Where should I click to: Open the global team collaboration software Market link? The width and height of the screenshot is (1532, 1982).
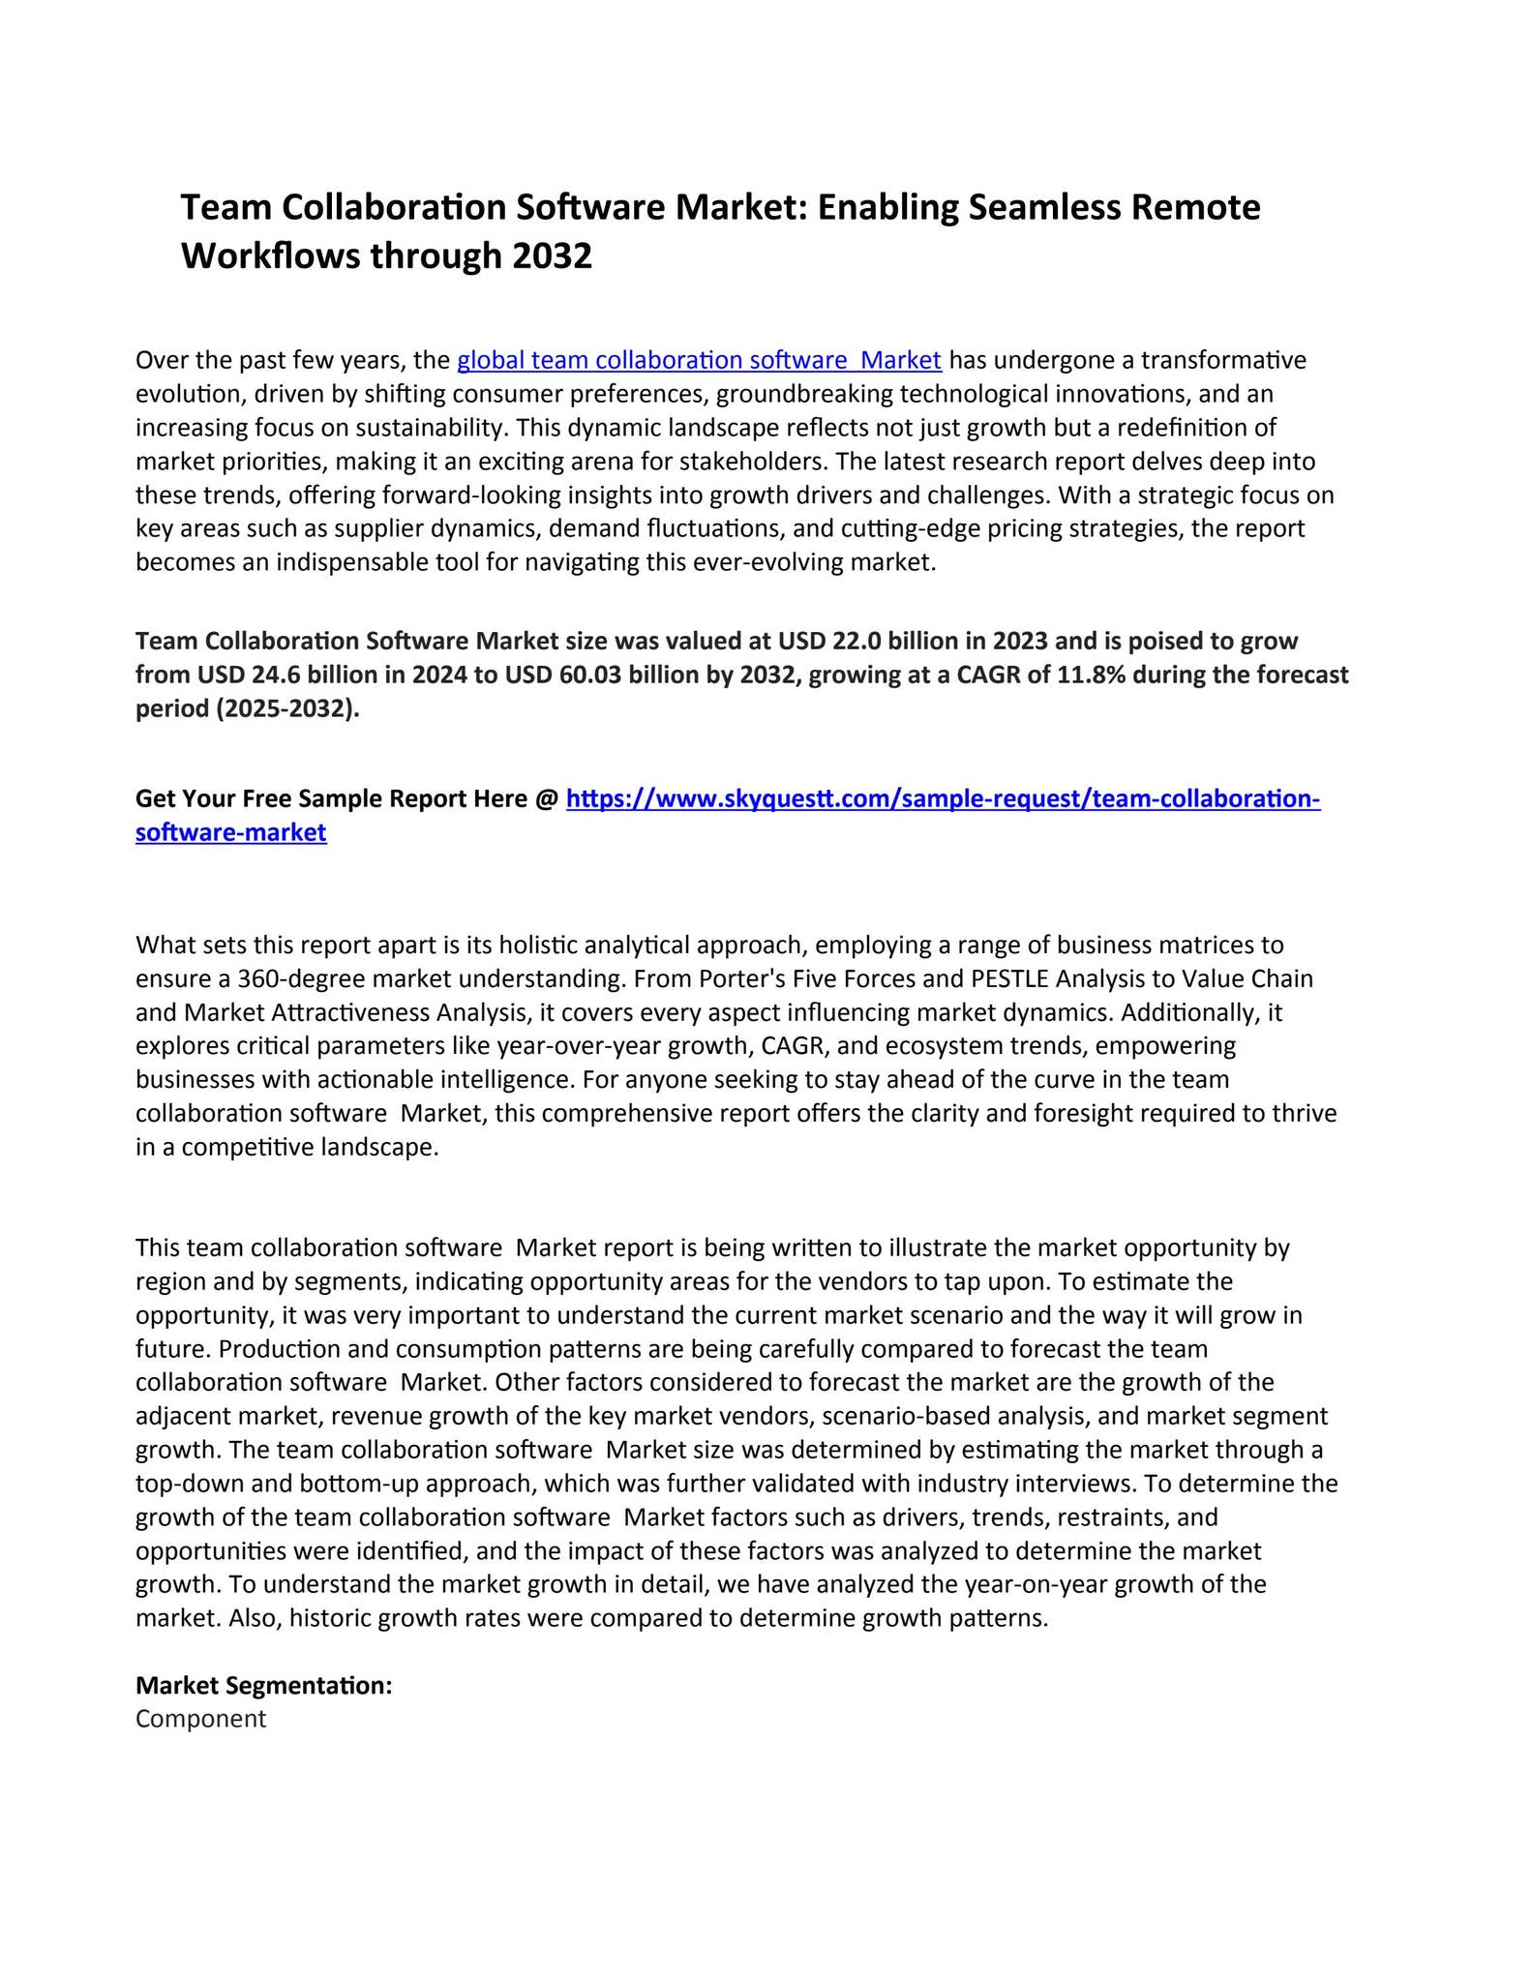pos(699,360)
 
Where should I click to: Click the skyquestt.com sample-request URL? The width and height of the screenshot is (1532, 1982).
pos(943,798)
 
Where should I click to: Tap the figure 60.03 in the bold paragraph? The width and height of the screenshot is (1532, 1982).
pos(591,675)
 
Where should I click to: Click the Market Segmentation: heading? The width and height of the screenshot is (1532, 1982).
pos(263,1685)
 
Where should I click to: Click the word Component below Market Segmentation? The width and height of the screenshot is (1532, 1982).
pos(200,1719)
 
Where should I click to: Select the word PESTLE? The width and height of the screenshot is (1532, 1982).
pos(1009,978)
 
